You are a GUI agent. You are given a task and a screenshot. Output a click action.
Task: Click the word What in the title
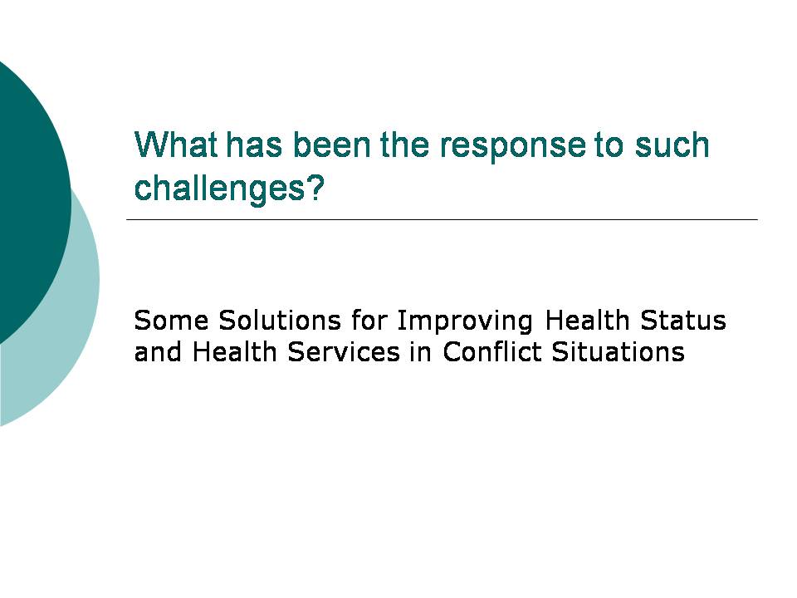tap(176, 145)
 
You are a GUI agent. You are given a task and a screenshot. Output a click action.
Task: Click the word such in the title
tap(672, 145)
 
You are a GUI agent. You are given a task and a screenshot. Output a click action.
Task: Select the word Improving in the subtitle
tap(465, 323)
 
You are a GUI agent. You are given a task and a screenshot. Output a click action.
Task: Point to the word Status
tap(682, 321)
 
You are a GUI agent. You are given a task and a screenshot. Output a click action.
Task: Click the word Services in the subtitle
tap(344, 352)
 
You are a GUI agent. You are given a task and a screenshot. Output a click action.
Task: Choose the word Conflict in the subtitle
tap(492, 351)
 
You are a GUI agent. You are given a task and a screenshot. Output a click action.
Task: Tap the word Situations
tap(618, 351)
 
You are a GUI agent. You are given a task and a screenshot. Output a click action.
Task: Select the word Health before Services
tap(234, 351)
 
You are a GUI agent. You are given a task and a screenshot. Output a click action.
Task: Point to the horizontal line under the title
tap(442, 219)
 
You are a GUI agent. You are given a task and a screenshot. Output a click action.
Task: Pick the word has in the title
tap(254, 145)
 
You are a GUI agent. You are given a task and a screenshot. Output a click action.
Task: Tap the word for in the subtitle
tap(369, 321)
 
